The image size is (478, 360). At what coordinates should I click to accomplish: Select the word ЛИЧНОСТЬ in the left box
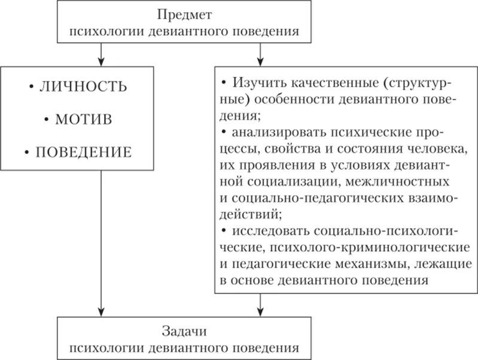click(83, 87)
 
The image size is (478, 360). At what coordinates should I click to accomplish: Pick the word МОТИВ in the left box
click(84, 119)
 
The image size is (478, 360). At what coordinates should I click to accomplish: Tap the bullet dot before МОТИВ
click(46, 120)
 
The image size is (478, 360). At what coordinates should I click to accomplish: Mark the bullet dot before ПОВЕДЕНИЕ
click(28, 152)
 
